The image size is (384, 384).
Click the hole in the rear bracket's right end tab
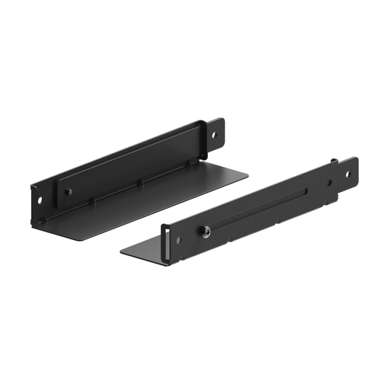point(214,133)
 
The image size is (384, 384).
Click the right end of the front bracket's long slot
point(307,193)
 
